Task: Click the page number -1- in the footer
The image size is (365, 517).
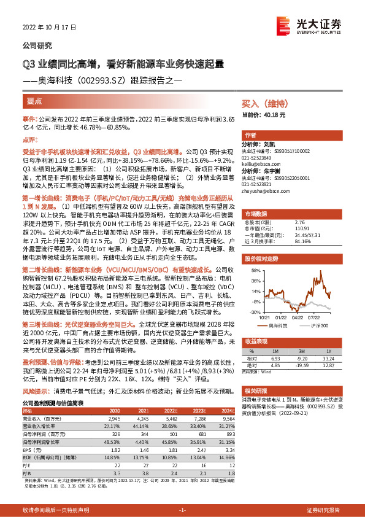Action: (x=182, y=510)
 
